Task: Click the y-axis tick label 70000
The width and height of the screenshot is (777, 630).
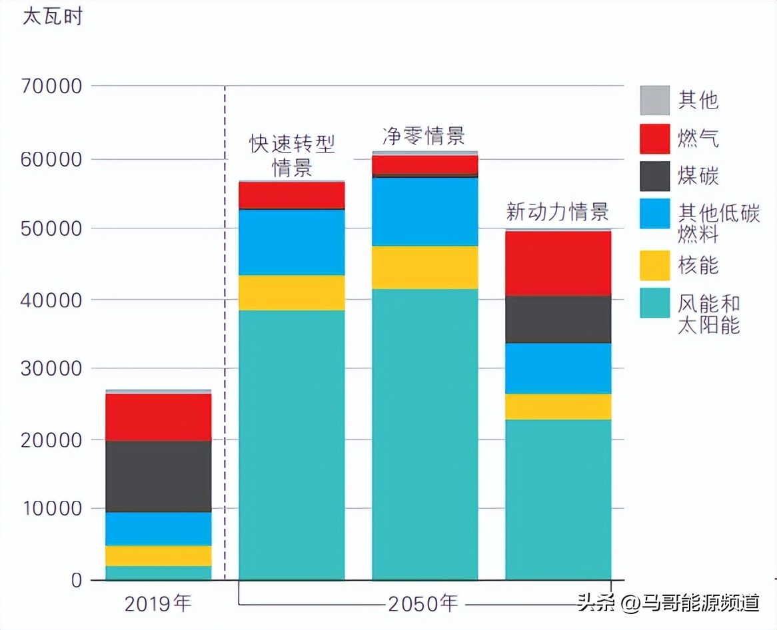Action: click(51, 87)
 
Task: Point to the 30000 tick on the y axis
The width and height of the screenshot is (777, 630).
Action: click(51, 368)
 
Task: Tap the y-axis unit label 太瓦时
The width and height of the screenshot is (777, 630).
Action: click(53, 16)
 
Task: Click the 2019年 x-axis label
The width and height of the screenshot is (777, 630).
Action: click(158, 603)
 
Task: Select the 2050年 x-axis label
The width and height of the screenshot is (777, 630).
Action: click(424, 603)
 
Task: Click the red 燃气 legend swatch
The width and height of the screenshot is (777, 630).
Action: click(654, 139)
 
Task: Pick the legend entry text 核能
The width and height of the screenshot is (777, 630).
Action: click(698, 265)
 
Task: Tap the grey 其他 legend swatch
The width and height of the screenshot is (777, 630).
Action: click(654, 100)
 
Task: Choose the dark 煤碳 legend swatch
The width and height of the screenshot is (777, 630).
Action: click(654, 176)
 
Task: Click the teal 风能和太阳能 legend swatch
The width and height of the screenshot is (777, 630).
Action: click(654, 303)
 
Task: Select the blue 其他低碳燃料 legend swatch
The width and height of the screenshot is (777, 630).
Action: click(654, 214)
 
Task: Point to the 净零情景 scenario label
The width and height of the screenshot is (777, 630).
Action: click(423, 137)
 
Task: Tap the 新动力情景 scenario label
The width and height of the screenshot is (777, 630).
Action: click(557, 212)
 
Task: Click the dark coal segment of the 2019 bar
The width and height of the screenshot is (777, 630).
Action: click(159, 476)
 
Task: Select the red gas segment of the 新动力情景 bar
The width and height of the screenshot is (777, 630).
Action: click(558, 264)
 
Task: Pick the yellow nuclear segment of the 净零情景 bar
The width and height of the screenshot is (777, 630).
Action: click(425, 267)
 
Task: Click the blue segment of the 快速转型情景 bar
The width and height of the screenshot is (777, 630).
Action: click(292, 242)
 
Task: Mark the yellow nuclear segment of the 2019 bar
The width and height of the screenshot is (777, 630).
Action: click(159, 555)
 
